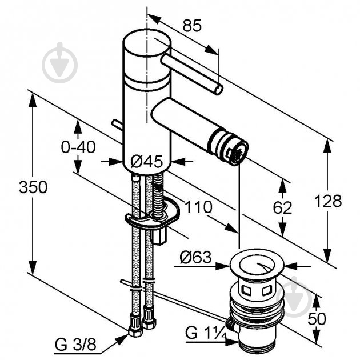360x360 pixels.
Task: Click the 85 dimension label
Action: [x=192, y=25]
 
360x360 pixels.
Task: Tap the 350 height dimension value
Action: [x=33, y=187]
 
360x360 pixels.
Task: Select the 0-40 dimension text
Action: [x=78, y=147]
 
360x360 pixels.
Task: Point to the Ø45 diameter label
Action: [x=146, y=161]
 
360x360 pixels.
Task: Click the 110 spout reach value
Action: [x=199, y=207]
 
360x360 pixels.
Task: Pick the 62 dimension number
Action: [x=282, y=208]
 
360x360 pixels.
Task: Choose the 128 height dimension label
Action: [x=328, y=201]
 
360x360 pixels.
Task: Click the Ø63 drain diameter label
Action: [x=195, y=257]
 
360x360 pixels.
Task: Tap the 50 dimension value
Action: [x=317, y=318]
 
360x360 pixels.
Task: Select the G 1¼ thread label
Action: [x=206, y=333]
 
